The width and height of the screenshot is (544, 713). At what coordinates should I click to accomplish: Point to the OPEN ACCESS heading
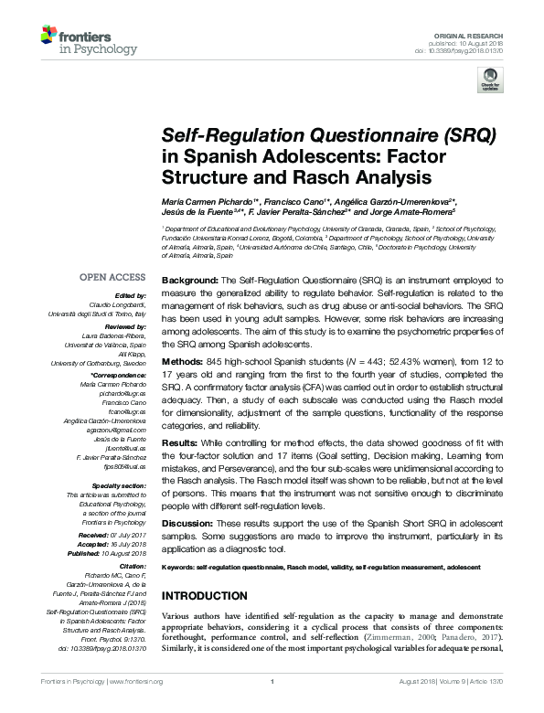click(x=112, y=277)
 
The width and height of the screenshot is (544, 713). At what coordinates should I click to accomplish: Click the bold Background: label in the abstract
click(x=189, y=276)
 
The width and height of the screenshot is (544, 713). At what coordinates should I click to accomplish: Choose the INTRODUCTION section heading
click(x=211, y=596)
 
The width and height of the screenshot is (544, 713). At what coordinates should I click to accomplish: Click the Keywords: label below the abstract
click(x=183, y=567)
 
